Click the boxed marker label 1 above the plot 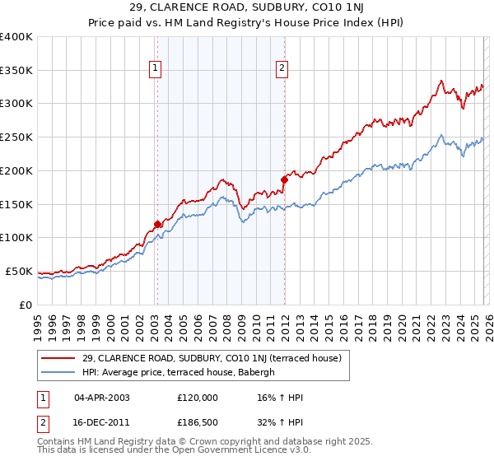click(156, 69)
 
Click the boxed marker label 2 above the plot click(282, 69)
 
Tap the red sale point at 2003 click(157, 223)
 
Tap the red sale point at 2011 click(284, 179)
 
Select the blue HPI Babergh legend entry click(183, 372)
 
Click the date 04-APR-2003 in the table click(102, 398)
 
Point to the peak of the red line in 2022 click(441, 81)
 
